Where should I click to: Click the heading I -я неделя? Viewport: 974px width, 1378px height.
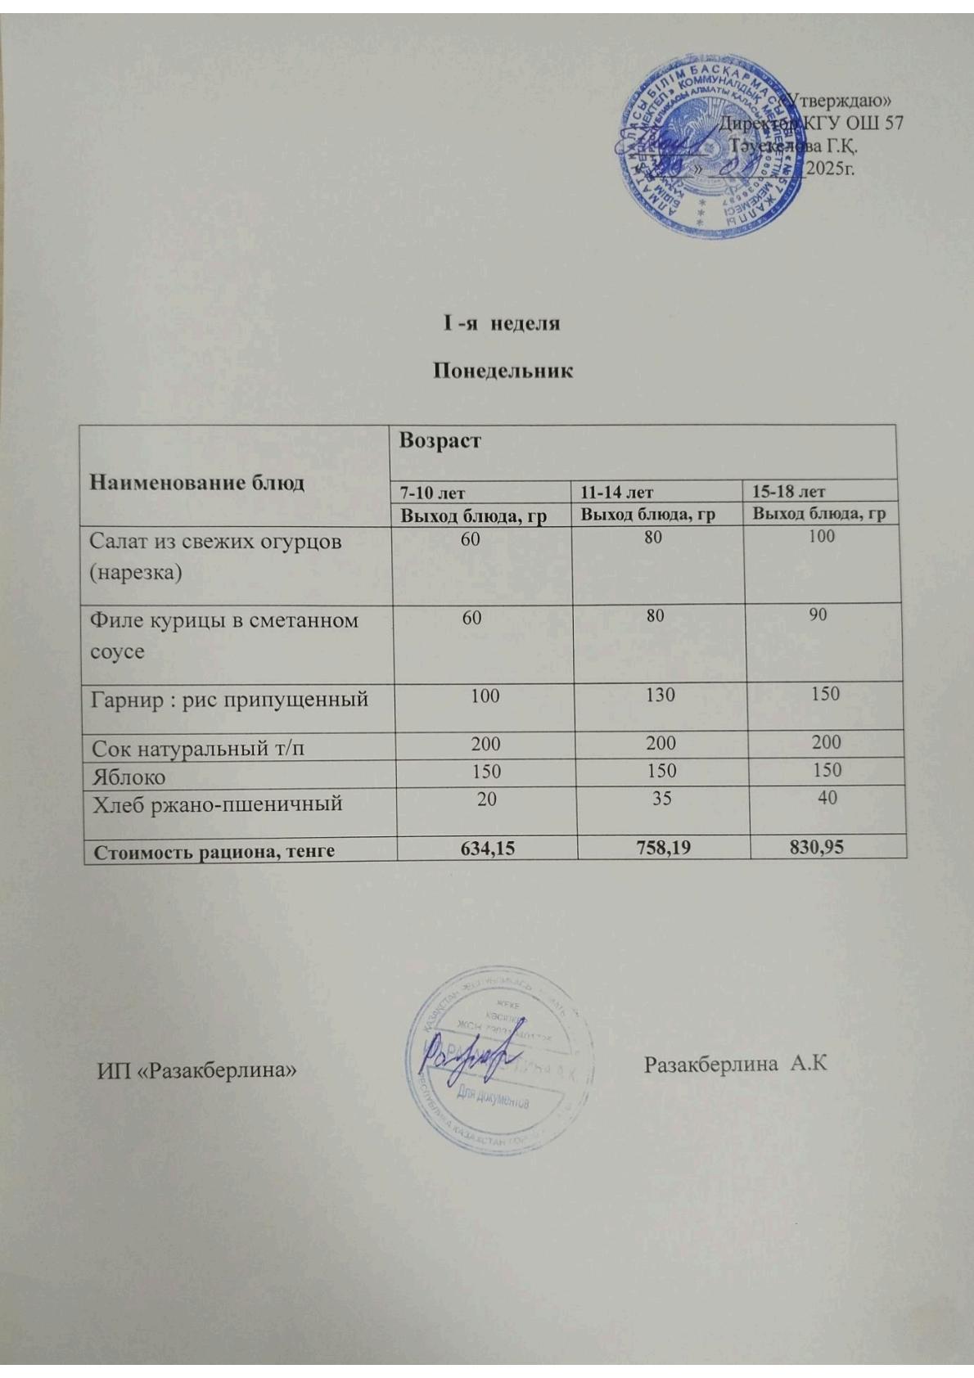[x=502, y=324]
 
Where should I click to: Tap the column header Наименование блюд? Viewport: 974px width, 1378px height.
[x=196, y=482]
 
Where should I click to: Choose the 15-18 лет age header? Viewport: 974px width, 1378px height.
[x=788, y=492]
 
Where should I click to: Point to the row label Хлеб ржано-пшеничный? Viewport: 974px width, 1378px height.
[x=216, y=804]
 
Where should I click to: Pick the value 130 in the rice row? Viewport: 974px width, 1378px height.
[x=660, y=695]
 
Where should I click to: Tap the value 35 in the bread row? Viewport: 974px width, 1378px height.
[x=661, y=797]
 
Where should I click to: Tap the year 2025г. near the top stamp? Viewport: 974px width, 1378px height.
[x=828, y=169]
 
